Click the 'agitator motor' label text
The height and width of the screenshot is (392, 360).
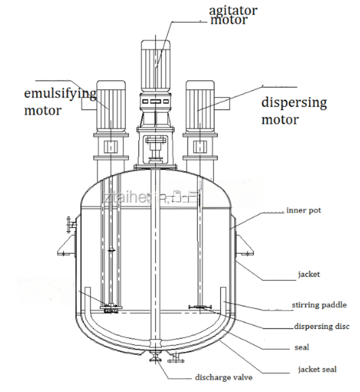click(x=233, y=14)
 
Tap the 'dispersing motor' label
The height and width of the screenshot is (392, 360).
click(x=294, y=111)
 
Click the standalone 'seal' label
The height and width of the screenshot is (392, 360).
click(x=300, y=348)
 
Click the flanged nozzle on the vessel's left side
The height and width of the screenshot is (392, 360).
click(x=68, y=225)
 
